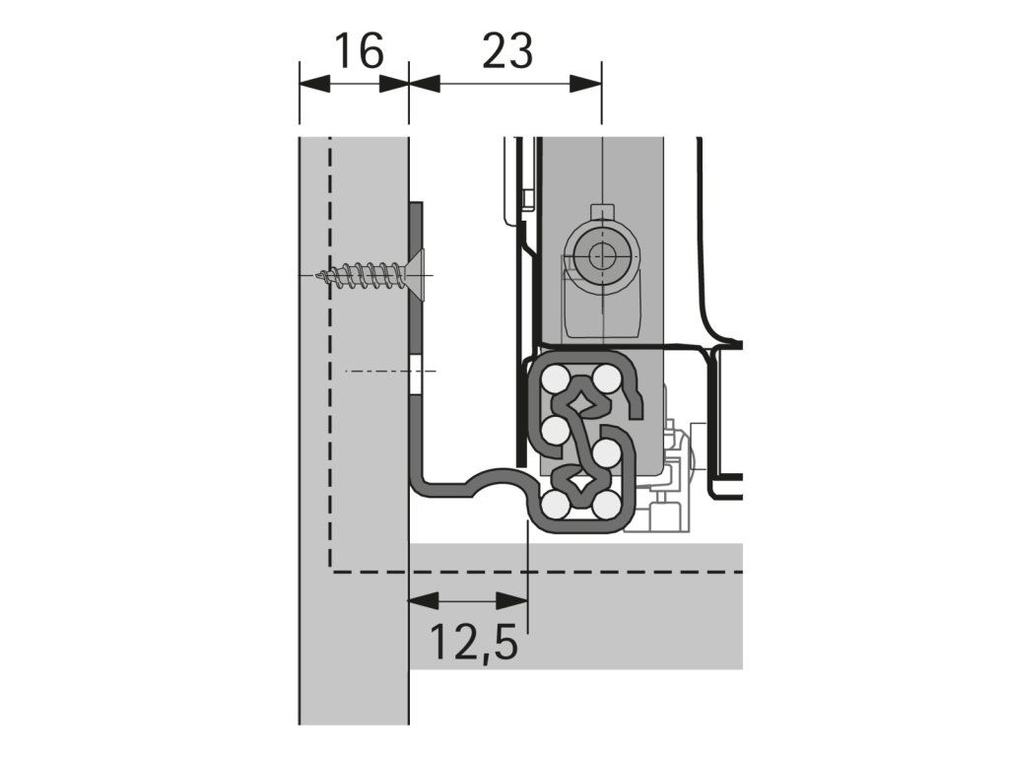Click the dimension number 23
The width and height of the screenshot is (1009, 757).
pos(507,51)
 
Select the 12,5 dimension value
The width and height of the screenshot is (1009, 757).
pos(473,643)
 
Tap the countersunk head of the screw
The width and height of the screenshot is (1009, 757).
pos(415,275)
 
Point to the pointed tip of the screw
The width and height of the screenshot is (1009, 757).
pos(317,276)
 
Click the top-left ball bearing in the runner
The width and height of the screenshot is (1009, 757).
pos(555,378)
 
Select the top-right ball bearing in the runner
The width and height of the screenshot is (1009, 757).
pos(607,378)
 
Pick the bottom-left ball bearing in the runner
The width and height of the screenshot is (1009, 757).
pos(555,506)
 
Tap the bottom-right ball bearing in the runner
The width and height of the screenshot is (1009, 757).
pos(607,506)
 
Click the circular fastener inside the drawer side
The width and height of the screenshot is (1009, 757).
pos(599,257)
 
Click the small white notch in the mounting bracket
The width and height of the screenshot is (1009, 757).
pos(419,380)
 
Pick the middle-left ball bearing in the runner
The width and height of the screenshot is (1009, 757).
pos(555,430)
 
